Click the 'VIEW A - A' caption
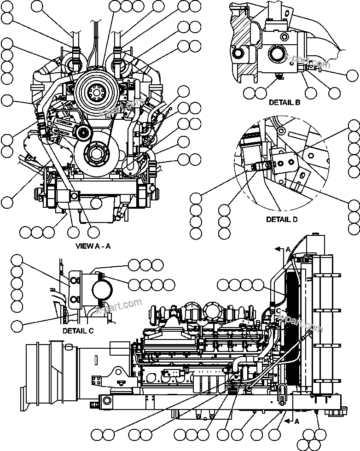[x=93, y=246]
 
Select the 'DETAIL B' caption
[x=285, y=102]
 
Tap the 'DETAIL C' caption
[x=78, y=330]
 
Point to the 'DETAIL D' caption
[x=281, y=220]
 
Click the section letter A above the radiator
[x=288, y=249]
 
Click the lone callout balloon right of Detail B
[x=352, y=75]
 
